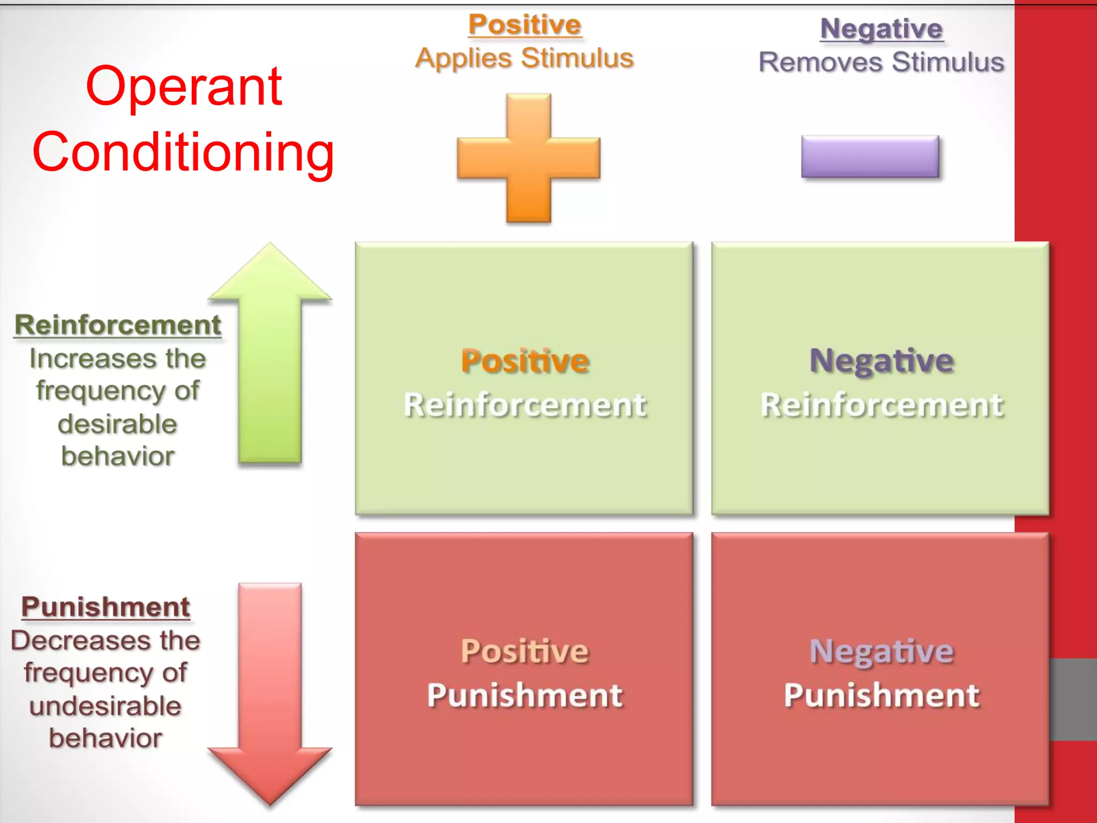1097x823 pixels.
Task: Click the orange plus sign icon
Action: (529, 158)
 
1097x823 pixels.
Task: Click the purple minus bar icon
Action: (870, 156)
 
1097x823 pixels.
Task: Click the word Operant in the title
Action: (184, 87)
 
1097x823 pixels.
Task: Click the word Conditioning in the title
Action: (184, 153)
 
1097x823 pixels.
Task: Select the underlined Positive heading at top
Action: (524, 25)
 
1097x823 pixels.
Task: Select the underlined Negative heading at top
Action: (881, 29)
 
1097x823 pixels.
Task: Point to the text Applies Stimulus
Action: (524, 58)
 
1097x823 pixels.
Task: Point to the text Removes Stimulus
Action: (881, 62)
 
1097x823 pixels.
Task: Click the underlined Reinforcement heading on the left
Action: (118, 325)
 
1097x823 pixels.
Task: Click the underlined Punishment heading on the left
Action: (106, 608)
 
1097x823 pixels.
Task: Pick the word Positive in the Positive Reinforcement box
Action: (525, 361)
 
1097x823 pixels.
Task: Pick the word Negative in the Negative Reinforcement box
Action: (881, 361)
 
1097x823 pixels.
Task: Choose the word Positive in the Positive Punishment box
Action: (525, 652)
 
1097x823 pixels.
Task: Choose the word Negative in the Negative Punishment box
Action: (881, 652)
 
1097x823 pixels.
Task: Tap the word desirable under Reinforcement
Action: (117, 424)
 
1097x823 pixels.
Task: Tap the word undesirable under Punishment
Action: (106, 706)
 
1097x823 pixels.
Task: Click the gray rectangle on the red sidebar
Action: (1073, 699)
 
